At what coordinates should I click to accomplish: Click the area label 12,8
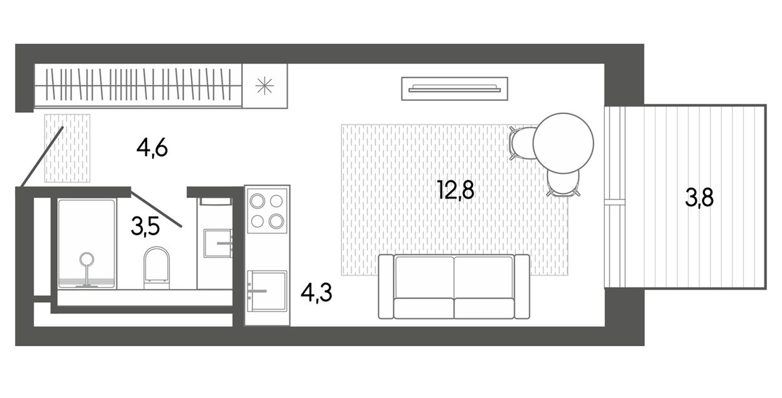click(455, 190)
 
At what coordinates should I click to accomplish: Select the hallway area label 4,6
click(152, 148)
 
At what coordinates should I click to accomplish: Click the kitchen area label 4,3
click(316, 293)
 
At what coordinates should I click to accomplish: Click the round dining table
click(563, 143)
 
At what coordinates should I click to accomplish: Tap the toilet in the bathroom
click(156, 267)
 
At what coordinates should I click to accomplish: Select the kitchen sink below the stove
click(267, 291)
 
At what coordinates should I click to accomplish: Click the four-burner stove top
click(267, 211)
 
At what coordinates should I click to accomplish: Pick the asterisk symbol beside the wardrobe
click(264, 86)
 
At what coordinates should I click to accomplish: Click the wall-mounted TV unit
click(454, 89)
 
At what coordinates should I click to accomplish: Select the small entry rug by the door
click(67, 148)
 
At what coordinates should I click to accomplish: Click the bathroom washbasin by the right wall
click(217, 243)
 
